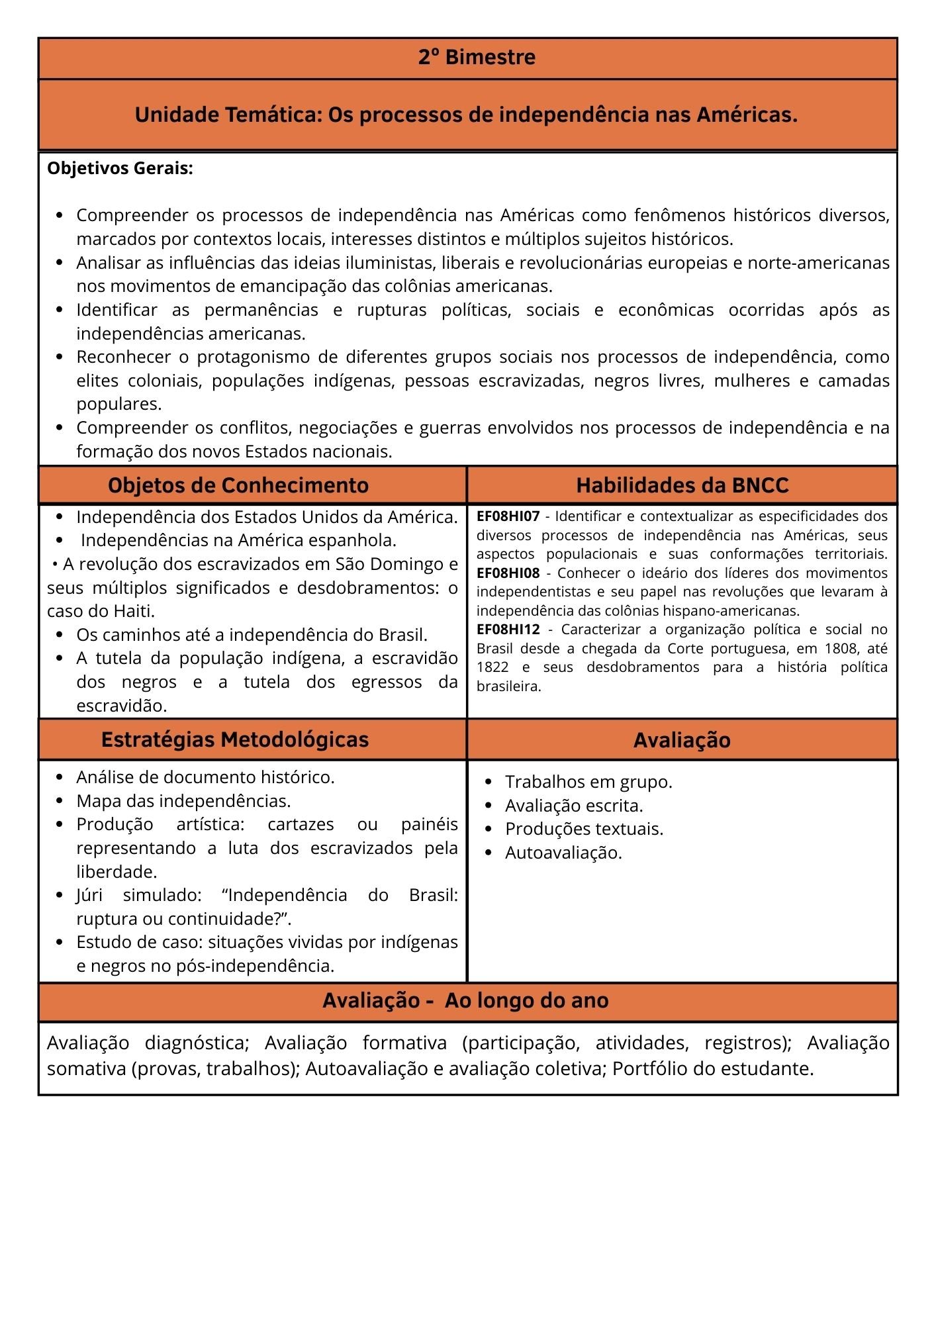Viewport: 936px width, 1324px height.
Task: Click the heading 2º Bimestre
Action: point(477,58)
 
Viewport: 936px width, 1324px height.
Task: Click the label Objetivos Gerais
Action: point(120,168)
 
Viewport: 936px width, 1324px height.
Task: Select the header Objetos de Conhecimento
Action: point(238,485)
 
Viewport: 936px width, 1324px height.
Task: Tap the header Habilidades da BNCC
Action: point(682,485)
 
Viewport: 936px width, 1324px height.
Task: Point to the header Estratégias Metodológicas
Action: point(235,739)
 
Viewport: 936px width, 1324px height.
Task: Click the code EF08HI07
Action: point(508,516)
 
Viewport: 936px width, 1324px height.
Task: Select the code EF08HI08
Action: point(508,573)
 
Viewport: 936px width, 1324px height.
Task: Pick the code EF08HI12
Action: point(508,630)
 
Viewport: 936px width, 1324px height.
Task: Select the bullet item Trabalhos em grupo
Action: point(588,782)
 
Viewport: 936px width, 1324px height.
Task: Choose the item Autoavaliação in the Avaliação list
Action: point(563,853)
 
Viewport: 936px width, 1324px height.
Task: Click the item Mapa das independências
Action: point(183,801)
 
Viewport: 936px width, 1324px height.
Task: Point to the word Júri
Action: point(89,895)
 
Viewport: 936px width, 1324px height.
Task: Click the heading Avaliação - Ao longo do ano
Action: point(465,1000)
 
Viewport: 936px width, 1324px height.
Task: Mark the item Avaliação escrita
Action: point(573,806)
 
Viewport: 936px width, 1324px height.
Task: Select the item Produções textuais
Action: point(583,829)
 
